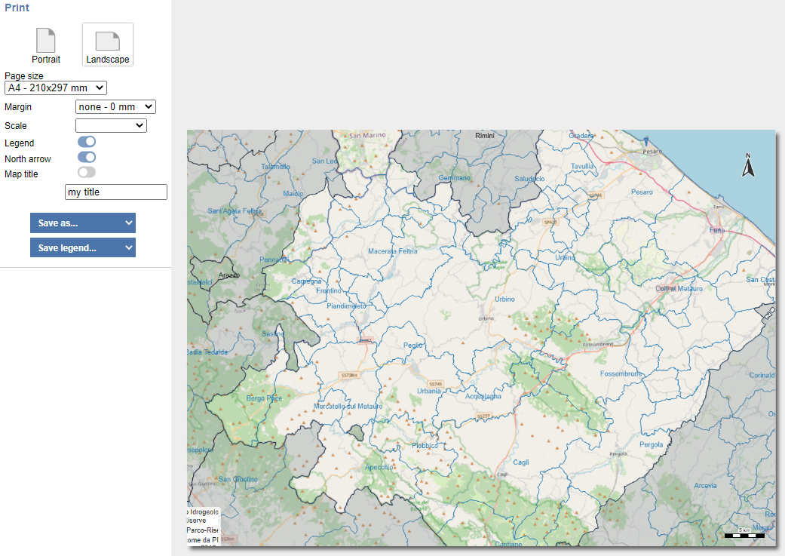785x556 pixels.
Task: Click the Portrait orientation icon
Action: (x=46, y=41)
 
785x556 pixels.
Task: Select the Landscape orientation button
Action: (x=108, y=44)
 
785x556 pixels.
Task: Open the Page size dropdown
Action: (x=56, y=88)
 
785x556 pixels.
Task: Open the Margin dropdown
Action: (x=115, y=107)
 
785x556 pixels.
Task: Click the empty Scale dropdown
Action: (x=111, y=125)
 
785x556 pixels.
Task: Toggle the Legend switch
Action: (x=87, y=142)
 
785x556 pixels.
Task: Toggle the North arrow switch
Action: (x=87, y=157)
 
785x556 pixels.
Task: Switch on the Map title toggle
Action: (x=87, y=173)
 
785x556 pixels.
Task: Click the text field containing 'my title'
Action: (x=116, y=192)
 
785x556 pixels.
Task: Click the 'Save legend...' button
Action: (x=83, y=247)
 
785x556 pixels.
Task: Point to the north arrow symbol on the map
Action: (x=748, y=165)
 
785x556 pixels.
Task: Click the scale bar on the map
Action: (x=744, y=535)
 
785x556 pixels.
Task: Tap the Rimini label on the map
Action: (x=484, y=136)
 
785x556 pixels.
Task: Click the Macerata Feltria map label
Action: (x=392, y=251)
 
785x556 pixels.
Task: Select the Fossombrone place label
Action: (x=621, y=374)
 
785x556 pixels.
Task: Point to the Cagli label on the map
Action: (x=521, y=462)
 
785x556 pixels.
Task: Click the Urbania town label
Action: (x=429, y=392)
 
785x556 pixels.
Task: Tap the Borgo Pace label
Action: (x=264, y=398)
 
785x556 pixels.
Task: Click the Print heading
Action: (x=17, y=8)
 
